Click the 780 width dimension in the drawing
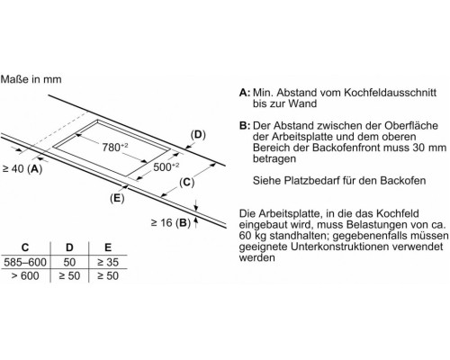click(115, 147)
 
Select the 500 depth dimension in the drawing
click(166, 166)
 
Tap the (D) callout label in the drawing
click(198, 135)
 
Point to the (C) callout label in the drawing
click(186, 182)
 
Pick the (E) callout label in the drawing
click(117, 198)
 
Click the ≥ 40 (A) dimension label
click(22, 169)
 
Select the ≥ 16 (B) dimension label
click(171, 223)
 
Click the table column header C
click(25, 247)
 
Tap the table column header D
click(69, 247)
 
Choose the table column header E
click(108, 247)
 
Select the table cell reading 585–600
click(25, 263)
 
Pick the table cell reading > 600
click(25, 275)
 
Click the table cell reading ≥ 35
click(108, 263)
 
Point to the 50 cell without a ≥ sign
click(69, 263)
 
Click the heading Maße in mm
click(31, 79)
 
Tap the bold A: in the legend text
click(245, 93)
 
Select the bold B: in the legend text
click(245, 125)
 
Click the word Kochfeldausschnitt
click(390, 93)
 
